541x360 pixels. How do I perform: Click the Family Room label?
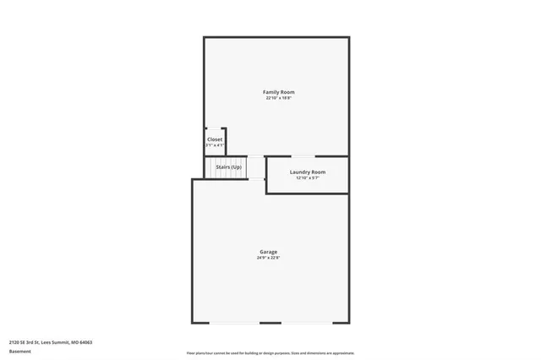point(279,91)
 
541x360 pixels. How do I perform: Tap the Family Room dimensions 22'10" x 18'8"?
point(279,98)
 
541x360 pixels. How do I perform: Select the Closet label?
point(215,139)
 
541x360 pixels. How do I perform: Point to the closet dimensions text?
point(215,145)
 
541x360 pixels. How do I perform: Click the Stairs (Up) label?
point(228,167)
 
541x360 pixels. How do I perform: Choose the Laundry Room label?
point(307,172)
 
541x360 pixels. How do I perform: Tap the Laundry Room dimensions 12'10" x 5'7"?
point(307,177)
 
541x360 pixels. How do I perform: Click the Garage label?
point(268,251)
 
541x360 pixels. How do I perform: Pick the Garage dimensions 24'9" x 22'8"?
point(268,258)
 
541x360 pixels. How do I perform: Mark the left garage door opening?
point(234,322)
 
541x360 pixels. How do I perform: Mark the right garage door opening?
point(307,322)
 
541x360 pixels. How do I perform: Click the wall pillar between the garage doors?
point(270,322)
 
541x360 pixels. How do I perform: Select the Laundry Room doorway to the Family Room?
point(304,156)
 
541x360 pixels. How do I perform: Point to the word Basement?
point(20,351)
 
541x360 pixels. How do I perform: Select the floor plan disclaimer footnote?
point(270,353)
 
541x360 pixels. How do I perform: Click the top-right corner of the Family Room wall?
point(348,37)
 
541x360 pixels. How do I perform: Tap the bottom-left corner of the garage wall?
point(193,322)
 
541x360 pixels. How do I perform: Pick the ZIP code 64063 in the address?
point(85,342)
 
